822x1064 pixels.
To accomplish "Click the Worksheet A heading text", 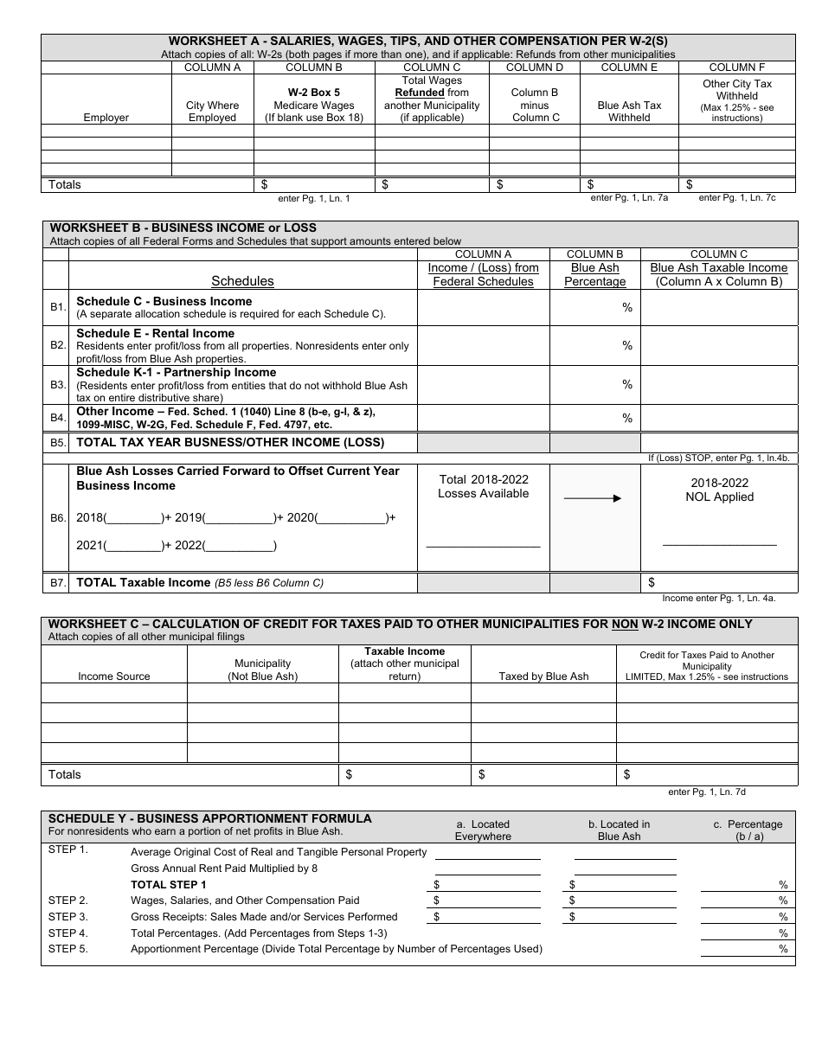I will (x=418, y=41).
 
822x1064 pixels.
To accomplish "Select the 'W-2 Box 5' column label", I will (x=314, y=92).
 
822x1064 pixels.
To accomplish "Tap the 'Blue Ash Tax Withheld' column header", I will (x=629, y=112).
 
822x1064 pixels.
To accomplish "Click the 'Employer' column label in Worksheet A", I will (x=106, y=118).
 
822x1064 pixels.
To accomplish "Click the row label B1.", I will (x=57, y=308).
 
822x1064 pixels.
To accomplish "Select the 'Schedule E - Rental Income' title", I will (x=156, y=333).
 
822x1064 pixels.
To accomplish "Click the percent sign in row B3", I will (x=627, y=384).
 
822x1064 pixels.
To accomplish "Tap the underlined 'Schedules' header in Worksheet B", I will (x=242, y=281).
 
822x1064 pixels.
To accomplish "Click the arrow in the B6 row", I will (x=593, y=498).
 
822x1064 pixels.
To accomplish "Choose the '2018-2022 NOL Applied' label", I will (x=720, y=490).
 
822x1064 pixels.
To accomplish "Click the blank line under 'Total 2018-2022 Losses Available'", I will (x=483, y=546).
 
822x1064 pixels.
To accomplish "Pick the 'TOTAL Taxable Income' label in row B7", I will (x=144, y=582).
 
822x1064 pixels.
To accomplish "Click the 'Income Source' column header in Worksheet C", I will (x=114, y=676).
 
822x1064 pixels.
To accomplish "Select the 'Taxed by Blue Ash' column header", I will (x=543, y=676).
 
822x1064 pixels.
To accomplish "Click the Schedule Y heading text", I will (x=210, y=818).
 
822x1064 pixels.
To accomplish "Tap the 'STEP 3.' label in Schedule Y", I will (x=68, y=916).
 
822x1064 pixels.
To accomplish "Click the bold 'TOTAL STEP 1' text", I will (x=169, y=885).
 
